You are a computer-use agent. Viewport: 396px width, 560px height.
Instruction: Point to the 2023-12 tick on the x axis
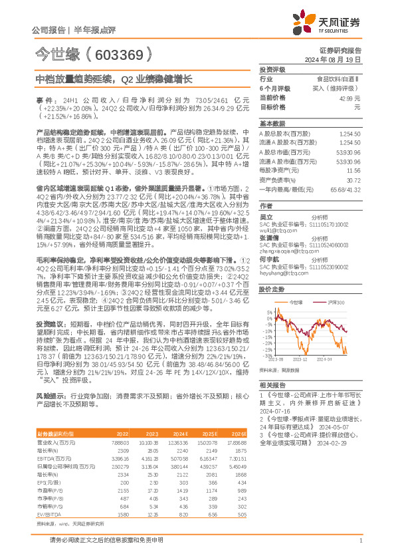(299, 359)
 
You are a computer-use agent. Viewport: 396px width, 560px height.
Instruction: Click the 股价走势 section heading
(271, 290)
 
